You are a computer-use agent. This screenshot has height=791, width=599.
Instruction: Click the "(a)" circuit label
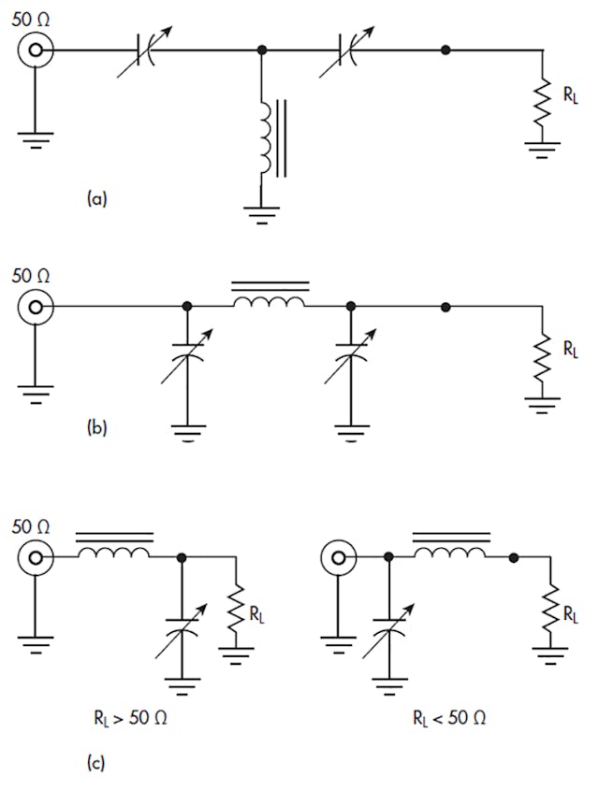tap(96, 198)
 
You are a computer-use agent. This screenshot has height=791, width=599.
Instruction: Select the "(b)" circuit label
tap(96, 429)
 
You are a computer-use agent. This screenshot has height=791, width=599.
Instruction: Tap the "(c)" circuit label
tap(96, 763)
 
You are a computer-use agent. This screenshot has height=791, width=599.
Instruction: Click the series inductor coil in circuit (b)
tap(269, 302)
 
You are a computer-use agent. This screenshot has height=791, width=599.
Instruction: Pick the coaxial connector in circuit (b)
tap(36, 307)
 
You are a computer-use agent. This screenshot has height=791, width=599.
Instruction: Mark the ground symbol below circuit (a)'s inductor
tap(263, 212)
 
